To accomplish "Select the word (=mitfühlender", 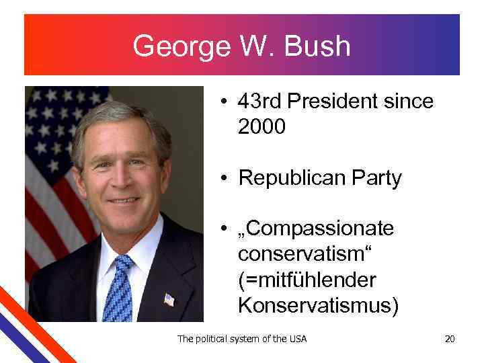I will [x=307, y=280].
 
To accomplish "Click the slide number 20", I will [x=450, y=339].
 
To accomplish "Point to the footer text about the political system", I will [x=241, y=339].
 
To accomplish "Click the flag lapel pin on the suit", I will [x=169, y=299].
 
